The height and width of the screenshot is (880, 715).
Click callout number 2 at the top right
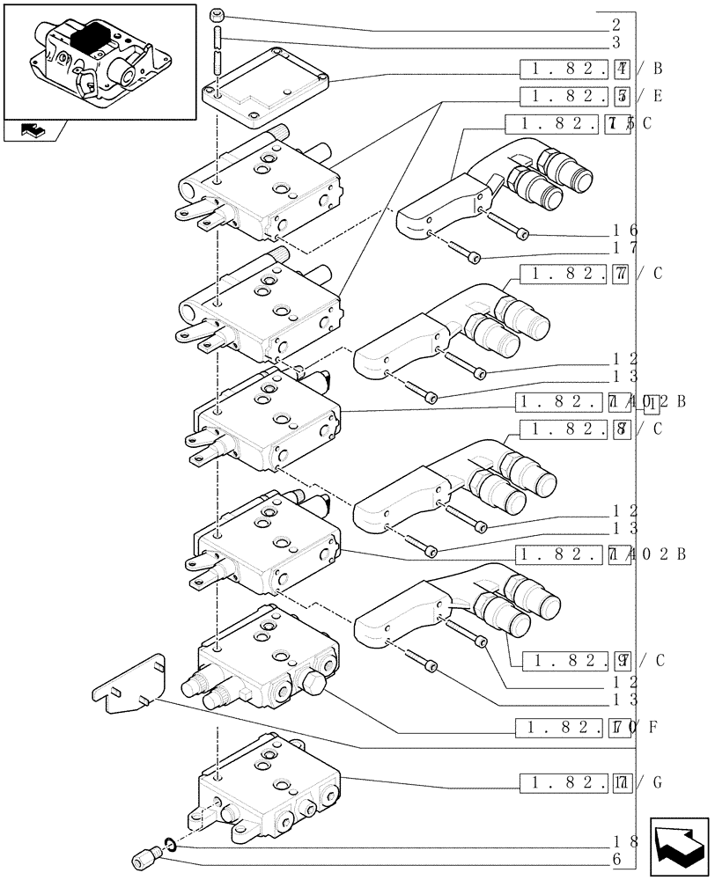click(615, 26)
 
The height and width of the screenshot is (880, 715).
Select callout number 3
click(615, 42)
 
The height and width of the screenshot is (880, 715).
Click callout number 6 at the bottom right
click(616, 859)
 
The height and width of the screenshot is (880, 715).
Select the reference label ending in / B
click(591, 69)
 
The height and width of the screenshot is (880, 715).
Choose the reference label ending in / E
click(591, 96)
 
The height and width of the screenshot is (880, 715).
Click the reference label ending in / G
click(591, 781)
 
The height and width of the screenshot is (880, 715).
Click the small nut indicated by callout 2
click(217, 15)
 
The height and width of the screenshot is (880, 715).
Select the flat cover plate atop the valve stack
click(266, 84)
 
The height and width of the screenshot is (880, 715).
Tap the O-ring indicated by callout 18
click(172, 845)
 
